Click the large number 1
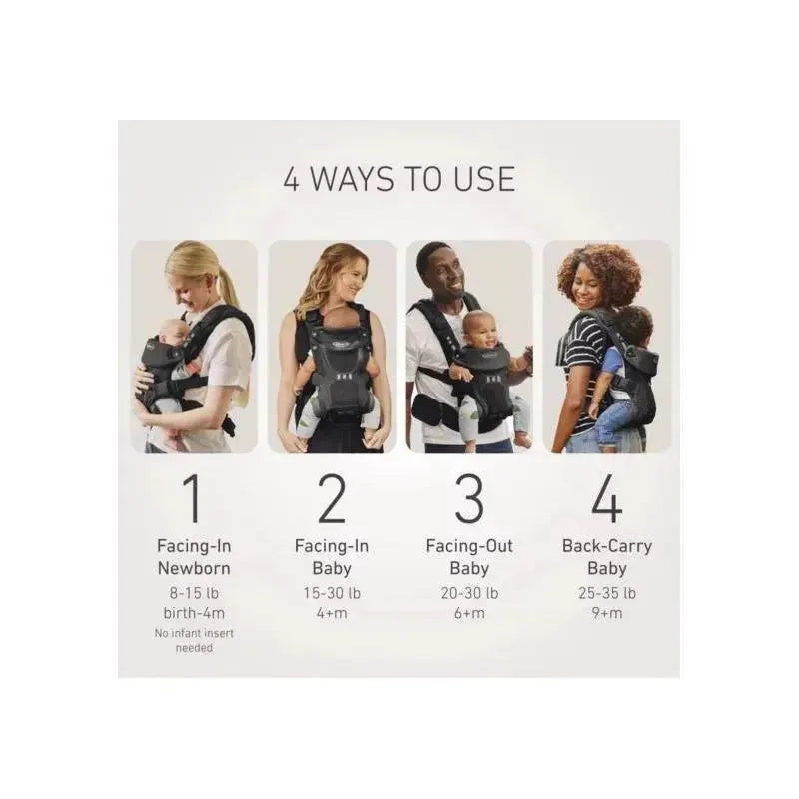click(193, 498)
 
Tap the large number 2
click(332, 498)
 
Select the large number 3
click(469, 498)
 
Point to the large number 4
click(607, 498)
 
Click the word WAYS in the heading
click(352, 179)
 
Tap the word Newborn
click(194, 568)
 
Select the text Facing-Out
click(469, 546)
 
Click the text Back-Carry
click(607, 546)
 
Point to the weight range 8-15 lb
click(194, 593)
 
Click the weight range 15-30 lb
click(332, 593)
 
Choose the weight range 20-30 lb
click(469, 593)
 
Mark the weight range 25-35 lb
click(607, 593)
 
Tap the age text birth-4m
click(194, 613)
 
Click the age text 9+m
click(607, 613)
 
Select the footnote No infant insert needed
click(194, 641)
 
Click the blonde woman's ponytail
click(229, 288)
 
